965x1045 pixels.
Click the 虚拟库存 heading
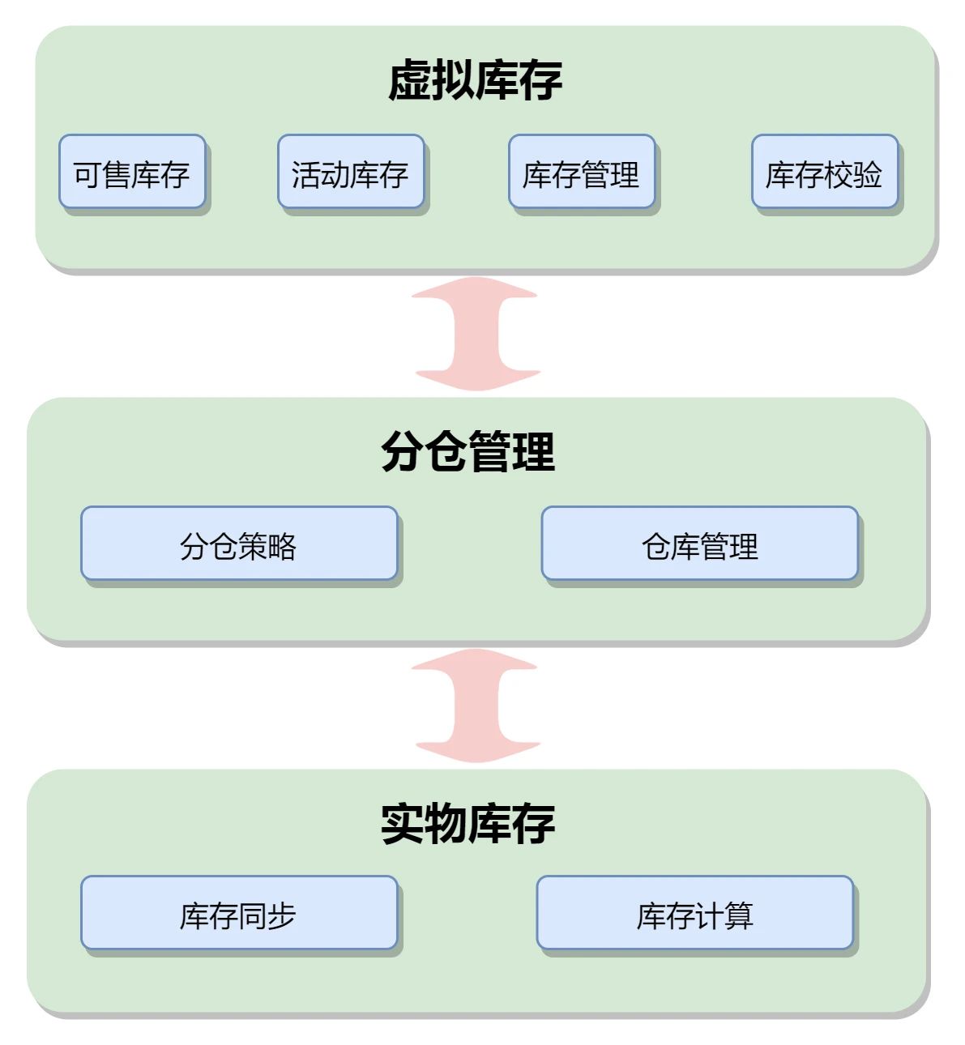(475, 80)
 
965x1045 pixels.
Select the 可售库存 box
(132, 173)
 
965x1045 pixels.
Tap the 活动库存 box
(350, 173)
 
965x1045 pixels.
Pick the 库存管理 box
(581, 173)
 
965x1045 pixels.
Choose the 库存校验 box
(824, 173)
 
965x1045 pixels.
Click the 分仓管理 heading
(468, 451)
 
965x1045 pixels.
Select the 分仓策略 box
(239, 544)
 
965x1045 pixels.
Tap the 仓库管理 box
(699, 544)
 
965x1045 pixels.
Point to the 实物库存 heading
(468, 823)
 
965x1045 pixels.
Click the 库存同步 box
(239, 914)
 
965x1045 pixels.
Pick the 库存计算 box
(694, 914)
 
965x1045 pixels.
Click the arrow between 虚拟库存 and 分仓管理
(476, 334)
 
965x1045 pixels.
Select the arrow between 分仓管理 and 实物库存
(476, 706)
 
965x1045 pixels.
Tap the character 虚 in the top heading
(410, 80)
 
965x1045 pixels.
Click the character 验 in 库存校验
(868, 174)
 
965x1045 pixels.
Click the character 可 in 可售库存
(88, 174)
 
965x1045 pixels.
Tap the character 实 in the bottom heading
(403, 823)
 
